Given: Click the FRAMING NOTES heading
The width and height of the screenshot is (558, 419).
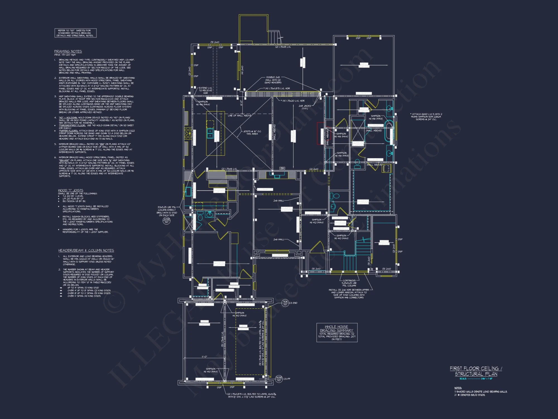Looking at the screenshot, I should tap(68, 51).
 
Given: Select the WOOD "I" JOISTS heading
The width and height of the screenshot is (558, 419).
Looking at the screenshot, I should tap(71, 190).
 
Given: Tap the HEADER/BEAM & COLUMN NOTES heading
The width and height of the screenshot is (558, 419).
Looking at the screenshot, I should tap(86, 251).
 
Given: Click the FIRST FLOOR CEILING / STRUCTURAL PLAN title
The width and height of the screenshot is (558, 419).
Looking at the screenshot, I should tap(476, 371).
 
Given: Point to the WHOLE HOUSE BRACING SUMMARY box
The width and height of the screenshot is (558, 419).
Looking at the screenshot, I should tap(337, 332).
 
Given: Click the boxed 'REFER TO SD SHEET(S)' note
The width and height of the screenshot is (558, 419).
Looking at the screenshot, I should tap(75, 33).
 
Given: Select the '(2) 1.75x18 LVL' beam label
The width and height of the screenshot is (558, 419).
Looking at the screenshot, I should tap(283, 47).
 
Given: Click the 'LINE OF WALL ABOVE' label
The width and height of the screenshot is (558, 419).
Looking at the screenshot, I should tap(239, 115).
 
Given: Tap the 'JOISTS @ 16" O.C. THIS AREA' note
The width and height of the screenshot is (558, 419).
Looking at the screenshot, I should tap(252, 132).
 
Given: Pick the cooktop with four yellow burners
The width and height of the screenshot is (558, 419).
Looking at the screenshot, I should tap(188, 134).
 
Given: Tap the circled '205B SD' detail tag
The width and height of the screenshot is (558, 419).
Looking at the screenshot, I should tap(166, 221).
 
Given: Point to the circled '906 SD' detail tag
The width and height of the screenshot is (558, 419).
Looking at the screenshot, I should tap(285, 303).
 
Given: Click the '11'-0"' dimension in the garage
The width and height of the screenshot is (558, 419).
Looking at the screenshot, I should tap(205, 357).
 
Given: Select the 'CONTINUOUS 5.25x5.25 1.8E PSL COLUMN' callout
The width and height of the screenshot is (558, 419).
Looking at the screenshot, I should tap(349, 283).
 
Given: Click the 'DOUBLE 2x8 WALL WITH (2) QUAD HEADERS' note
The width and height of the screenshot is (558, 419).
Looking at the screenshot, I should tap(273, 80).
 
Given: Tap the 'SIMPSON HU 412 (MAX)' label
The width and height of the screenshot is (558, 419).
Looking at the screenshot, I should tap(316, 221).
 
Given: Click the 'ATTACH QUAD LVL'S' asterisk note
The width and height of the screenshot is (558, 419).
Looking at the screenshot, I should tap(426, 117).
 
